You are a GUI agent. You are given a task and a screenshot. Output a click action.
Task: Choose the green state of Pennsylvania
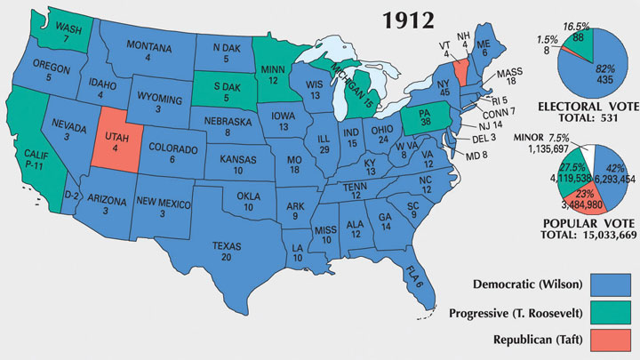pyautogui.click(x=424, y=120)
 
